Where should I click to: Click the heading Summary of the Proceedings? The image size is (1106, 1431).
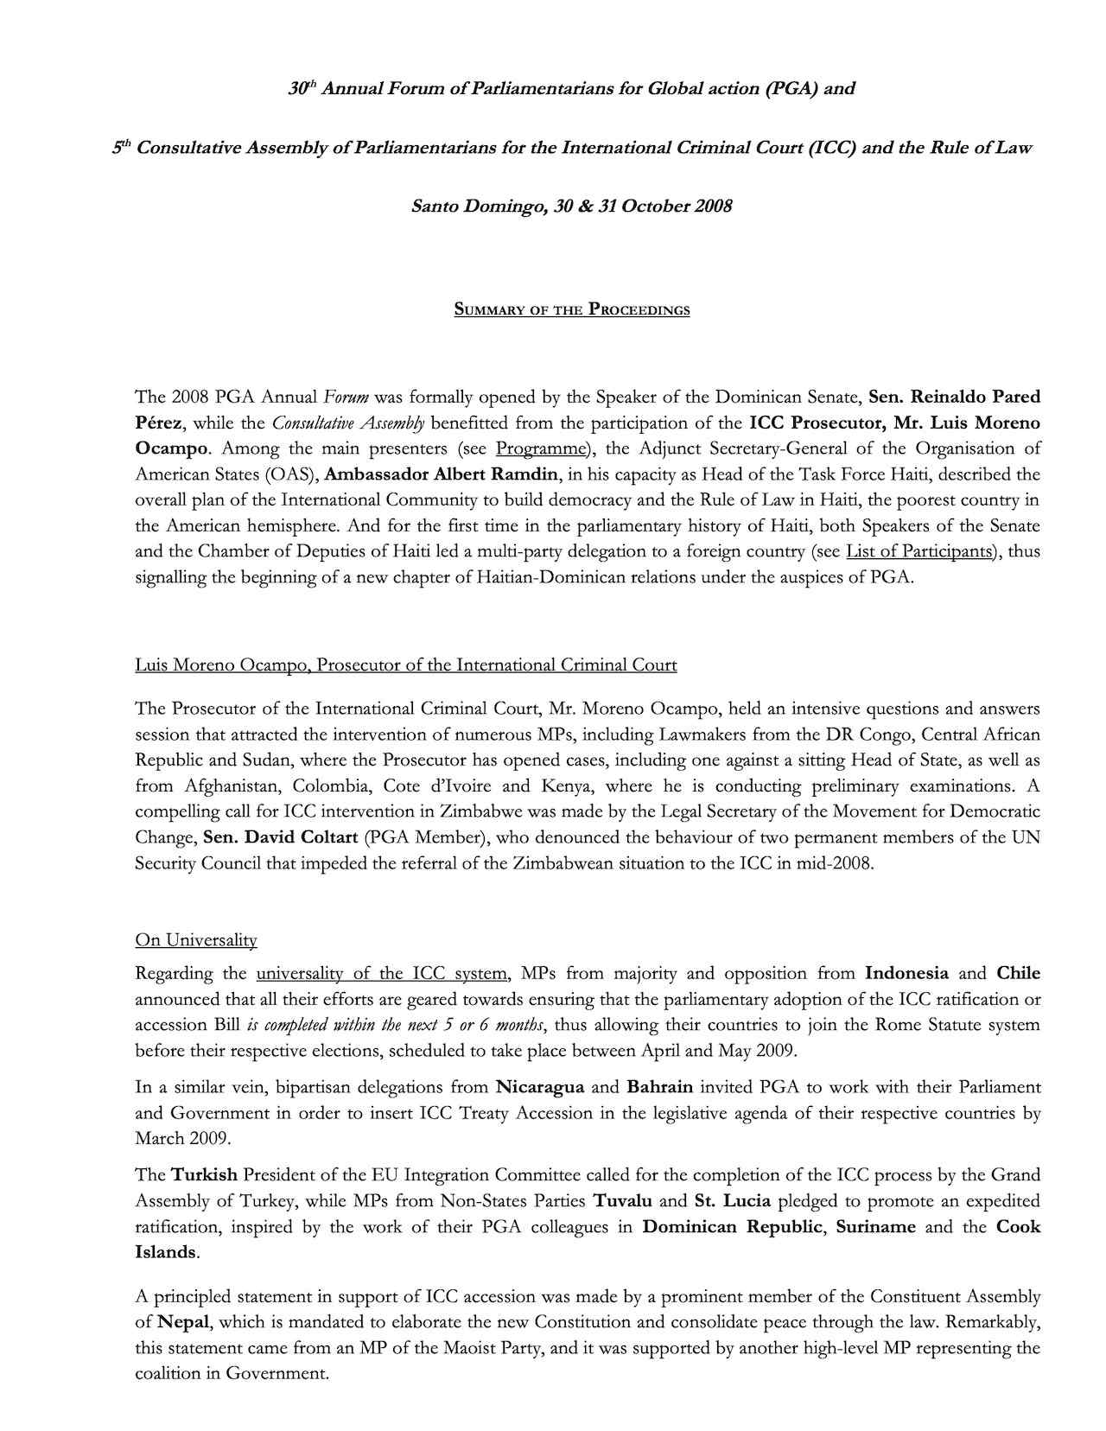(x=571, y=310)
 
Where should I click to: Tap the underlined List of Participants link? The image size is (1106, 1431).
(x=918, y=551)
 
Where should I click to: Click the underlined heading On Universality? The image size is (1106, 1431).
(x=196, y=940)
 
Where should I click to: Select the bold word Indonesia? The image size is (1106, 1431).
(x=906, y=974)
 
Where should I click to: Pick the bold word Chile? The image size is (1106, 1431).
(x=1018, y=974)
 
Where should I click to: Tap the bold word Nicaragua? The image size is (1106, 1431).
(x=540, y=1087)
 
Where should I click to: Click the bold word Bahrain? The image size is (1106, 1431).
(x=659, y=1087)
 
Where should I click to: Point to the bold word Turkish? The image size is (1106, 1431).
(x=204, y=1175)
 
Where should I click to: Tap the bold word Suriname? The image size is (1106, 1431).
(x=875, y=1227)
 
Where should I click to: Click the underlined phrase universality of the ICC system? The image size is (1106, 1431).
(x=382, y=974)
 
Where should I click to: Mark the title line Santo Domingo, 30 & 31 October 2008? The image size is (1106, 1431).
(x=571, y=207)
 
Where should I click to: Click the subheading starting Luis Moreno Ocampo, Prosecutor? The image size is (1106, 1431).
(x=405, y=665)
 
